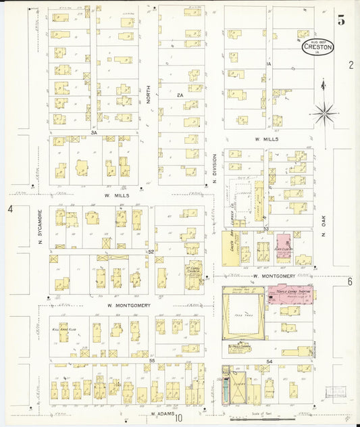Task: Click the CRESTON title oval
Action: pyautogui.click(x=317, y=47)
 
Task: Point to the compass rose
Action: pyautogui.click(x=324, y=113)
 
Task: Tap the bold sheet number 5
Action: pyautogui.click(x=342, y=20)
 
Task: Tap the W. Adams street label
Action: pyautogui.click(x=162, y=413)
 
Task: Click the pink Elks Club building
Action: pyautogui.click(x=283, y=247)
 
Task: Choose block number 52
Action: pyautogui.click(x=151, y=251)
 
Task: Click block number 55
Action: pyautogui.click(x=152, y=361)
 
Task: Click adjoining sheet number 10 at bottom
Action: pyautogui.click(x=180, y=418)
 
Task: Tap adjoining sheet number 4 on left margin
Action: pyautogui.click(x=10, y=209)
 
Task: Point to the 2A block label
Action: pyautogui.click(x=180, y=95)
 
